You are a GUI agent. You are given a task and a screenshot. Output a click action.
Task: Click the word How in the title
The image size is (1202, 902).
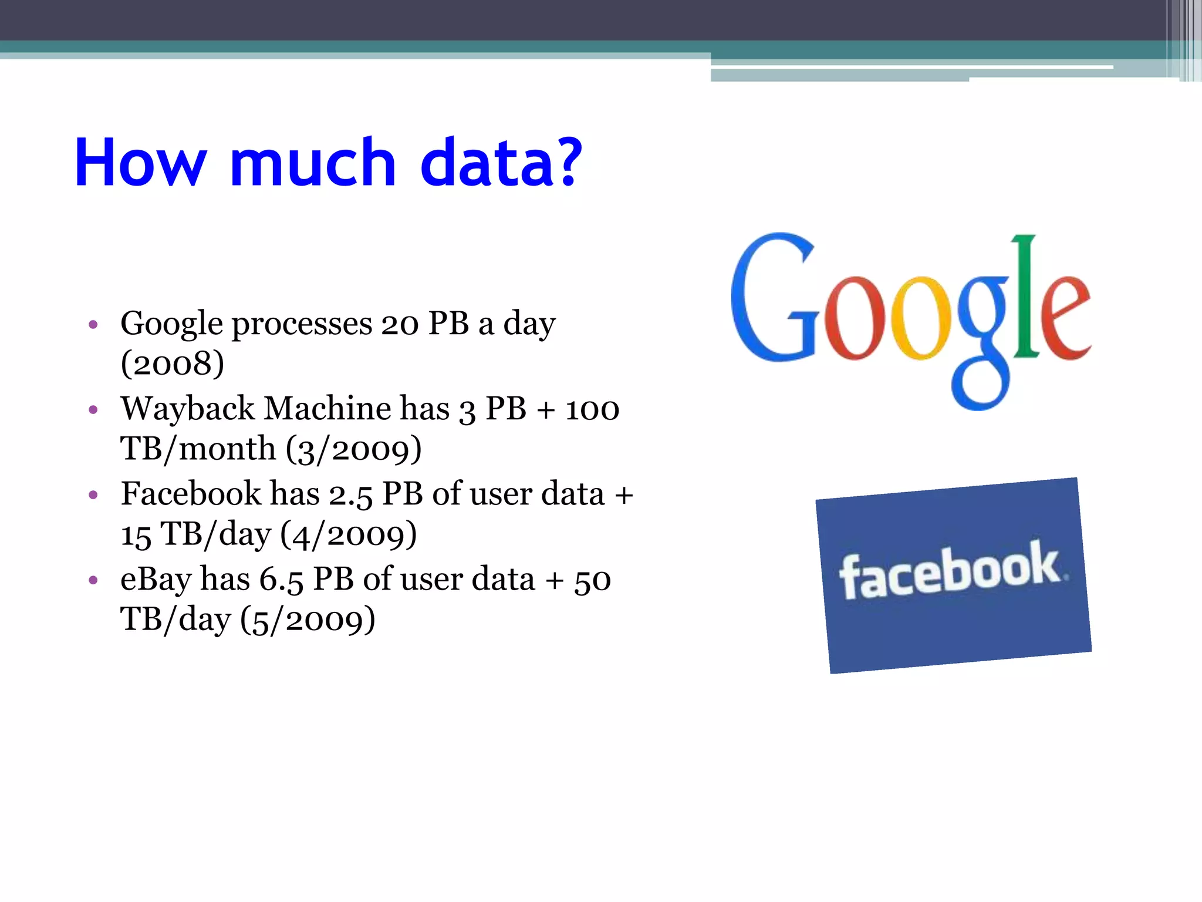pos(141,163)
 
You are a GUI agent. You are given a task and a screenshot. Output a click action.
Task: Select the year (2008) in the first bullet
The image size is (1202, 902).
pos(173,364)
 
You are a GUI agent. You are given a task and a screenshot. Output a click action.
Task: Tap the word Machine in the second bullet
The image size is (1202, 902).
pos(327,409)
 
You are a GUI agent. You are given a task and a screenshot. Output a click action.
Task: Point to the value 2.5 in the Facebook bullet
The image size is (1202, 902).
pos(350,495)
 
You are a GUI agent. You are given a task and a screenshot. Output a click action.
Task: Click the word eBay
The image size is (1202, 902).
pos(156,580)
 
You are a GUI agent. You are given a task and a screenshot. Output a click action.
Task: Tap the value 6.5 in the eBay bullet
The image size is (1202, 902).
pos(281,580)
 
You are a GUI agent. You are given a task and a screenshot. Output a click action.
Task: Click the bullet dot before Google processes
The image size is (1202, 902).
pos(93,324)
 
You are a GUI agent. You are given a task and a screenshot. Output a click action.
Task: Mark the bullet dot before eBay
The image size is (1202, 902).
pos(93,580)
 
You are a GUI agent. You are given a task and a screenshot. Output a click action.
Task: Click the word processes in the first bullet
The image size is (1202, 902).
pos(302,325)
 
